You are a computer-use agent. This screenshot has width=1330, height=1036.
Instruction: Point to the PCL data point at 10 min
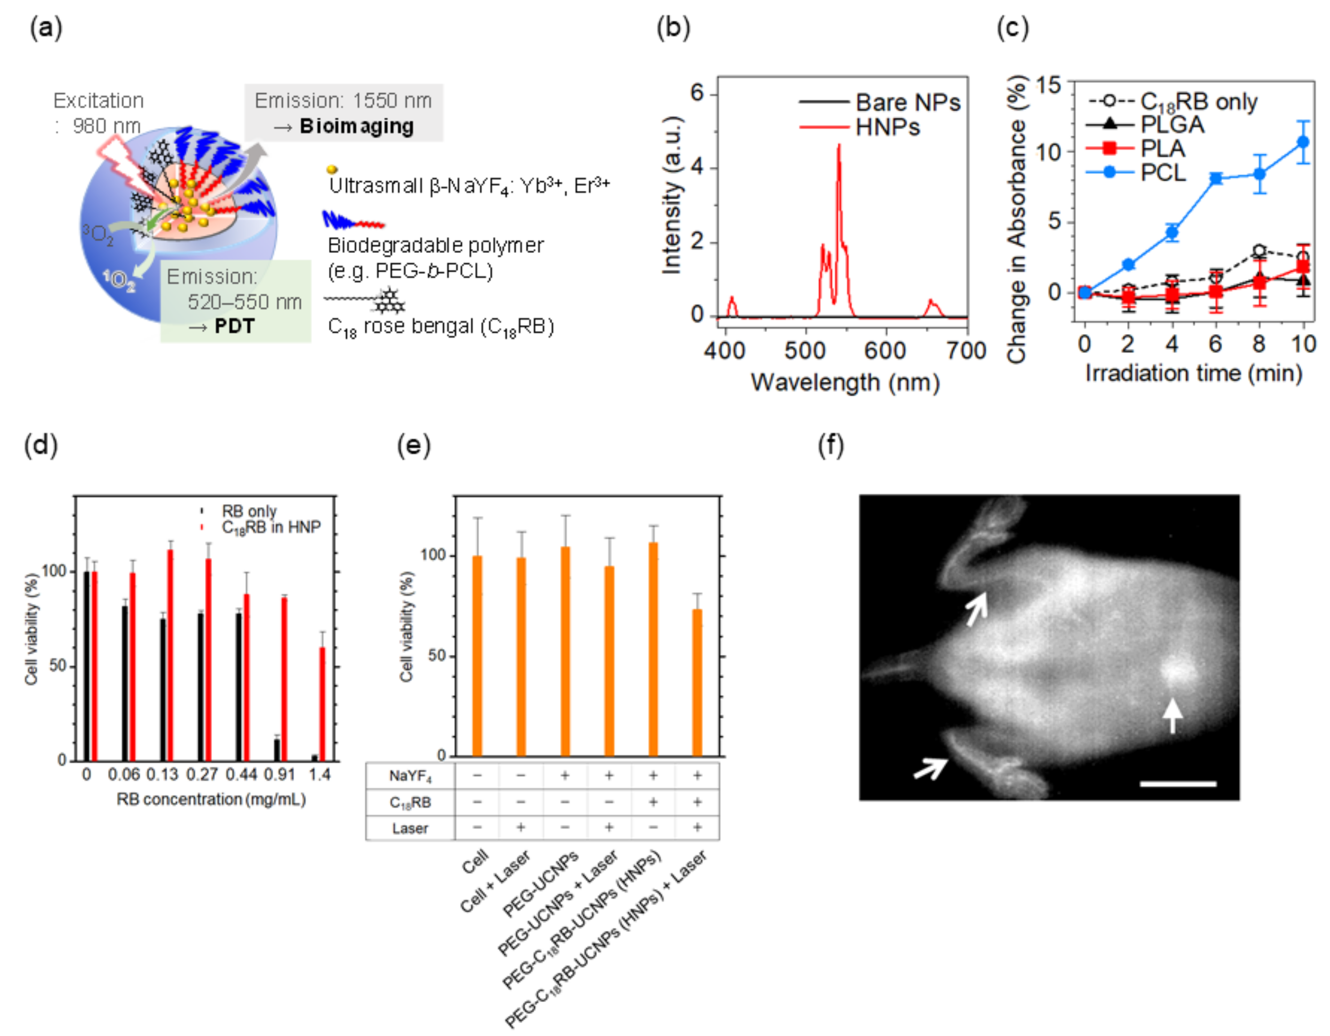click(1303, 142)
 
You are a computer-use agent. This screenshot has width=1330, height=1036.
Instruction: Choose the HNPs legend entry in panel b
click(887, 127)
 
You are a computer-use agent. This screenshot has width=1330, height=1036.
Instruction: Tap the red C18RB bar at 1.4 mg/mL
click(322, 703)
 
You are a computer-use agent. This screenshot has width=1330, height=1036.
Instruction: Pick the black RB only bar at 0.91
click(277, 750)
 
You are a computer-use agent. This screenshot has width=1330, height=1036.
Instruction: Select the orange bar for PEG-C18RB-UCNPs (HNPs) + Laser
click(697, 682)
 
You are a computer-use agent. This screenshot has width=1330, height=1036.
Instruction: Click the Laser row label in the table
click(410, 828)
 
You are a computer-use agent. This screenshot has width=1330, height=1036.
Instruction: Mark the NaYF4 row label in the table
click(410, 776)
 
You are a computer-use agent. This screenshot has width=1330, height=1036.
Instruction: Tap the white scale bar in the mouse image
click(1178, 784)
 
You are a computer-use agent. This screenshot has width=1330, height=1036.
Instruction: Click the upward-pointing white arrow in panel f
click(1172, 716)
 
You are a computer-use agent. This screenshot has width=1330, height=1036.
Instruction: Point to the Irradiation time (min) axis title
click(1193, 373)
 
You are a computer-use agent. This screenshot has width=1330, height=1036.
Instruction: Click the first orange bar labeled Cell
click(477, 655)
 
